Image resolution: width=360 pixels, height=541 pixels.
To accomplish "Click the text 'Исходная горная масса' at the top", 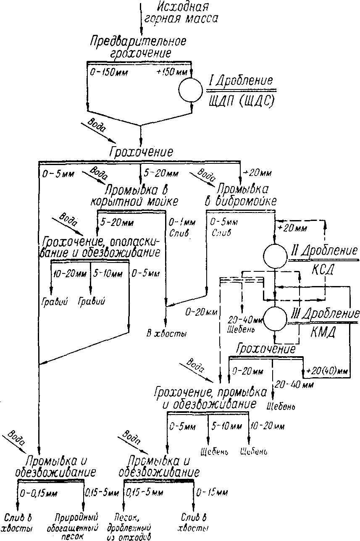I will pos(181,13).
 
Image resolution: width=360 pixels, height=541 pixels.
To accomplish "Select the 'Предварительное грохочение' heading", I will pos(138,47).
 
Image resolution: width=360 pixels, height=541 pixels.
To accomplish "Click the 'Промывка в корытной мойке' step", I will pos(134,194).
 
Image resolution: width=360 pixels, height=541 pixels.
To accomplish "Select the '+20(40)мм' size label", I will pos(327,371).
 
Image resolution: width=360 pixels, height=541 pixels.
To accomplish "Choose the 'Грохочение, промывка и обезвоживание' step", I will pos(210,398).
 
